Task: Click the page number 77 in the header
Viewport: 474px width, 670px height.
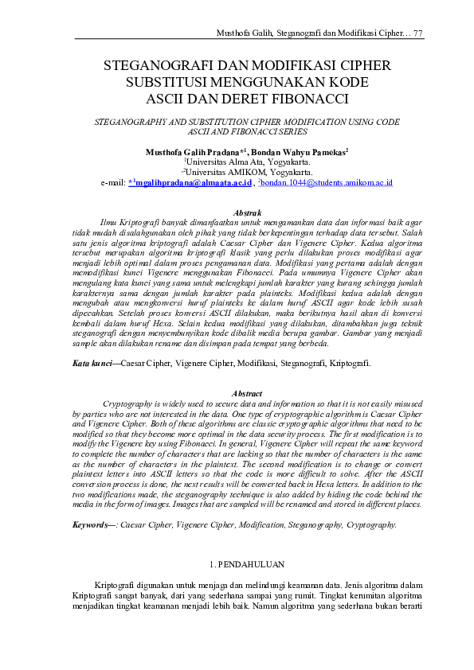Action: (417, 33)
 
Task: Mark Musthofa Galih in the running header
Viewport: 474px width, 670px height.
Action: (246, 33)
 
